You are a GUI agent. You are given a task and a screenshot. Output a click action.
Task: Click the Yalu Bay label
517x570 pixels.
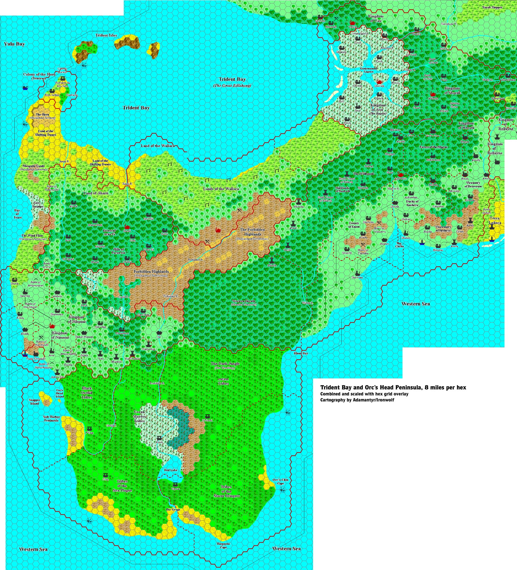(14, 44)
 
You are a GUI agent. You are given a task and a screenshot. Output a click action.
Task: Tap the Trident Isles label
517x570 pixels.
(106, 35)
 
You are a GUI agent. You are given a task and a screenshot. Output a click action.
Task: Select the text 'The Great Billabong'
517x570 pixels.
(232, 86)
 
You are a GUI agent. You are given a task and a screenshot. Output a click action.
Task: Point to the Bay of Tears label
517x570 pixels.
(17, 214)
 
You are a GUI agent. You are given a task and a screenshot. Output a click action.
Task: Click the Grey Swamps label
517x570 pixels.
(37, 204)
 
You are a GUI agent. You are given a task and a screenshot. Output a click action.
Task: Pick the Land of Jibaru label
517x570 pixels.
(96, 193)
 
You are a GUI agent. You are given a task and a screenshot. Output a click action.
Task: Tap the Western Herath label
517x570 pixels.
(244, 302)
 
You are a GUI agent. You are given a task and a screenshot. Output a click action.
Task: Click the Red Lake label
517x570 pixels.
(171, 470)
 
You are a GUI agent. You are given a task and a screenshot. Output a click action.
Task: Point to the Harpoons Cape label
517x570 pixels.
(223, 545)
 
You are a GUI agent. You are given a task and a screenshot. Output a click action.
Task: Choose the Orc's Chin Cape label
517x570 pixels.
(280, 481)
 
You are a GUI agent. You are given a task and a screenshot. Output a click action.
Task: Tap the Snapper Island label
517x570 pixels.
(34, 402)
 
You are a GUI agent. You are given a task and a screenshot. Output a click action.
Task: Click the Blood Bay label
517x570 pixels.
(301, 353)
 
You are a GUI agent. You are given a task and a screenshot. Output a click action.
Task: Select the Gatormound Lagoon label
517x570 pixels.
(369, 70)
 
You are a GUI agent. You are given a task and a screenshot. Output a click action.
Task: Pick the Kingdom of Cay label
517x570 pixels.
(376, 18)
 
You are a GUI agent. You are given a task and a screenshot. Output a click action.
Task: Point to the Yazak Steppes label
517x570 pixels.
(492, 7)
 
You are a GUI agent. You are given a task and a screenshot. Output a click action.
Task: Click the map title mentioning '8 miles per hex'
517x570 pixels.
(393, 388)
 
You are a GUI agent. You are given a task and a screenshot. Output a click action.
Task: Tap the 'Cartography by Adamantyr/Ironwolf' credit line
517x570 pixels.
(357, 400)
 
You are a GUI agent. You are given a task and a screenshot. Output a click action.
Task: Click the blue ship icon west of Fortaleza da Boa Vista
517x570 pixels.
(25, 88)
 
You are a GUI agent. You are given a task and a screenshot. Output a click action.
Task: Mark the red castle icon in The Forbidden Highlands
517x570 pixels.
(218, 230)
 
